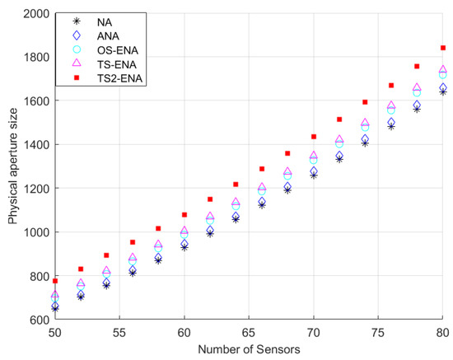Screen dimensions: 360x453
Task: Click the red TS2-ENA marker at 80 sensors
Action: tap(442, 48)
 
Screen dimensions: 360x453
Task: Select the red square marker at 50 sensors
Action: tap(55, 281)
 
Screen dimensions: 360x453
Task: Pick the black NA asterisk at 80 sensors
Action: tap(442, 92)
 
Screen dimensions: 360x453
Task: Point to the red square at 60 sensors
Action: tap(184, 215)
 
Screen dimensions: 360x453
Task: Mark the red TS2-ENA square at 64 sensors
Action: tap(236, 185)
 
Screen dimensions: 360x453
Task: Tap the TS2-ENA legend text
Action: tap(130, 81)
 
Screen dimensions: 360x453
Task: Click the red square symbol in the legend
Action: tap(76, 81)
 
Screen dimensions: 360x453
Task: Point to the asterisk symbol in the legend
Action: tap(76, 21)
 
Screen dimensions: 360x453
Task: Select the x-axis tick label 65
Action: tap(249, 331)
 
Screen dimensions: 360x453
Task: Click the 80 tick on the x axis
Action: tap(442, 331)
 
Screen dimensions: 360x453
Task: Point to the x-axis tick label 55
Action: tap(119, 331)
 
